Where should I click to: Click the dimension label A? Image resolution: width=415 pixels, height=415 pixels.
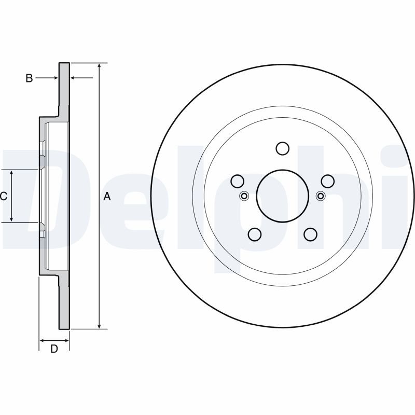pos(107,196)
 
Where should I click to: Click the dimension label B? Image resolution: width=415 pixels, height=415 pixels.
pos(30,78)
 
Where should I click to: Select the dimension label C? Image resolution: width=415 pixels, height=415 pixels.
pos(3,196)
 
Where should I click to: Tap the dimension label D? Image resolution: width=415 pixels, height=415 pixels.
pos(53,349)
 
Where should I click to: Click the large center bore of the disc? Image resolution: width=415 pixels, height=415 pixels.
pos(282,196)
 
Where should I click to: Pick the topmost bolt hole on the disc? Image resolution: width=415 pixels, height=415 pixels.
pos(282,149)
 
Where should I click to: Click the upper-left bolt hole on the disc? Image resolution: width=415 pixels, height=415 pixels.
pos(237,181)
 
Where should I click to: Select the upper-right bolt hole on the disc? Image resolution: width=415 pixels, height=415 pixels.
pos(327,181)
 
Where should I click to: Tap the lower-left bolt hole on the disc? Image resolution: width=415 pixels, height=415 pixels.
pos(254,234)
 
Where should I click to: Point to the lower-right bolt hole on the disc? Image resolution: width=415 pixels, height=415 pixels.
pos(310,234)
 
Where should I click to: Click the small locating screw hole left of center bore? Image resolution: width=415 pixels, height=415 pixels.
pos(244,196)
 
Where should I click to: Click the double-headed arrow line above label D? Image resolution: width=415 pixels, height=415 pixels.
pos(54,340)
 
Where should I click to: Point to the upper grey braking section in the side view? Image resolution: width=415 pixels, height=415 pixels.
pos(63,88)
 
